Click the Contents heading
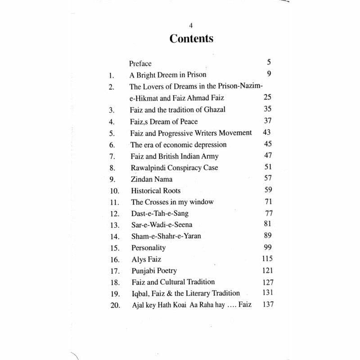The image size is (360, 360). pos(191,39)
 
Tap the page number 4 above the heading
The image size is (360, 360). pos(191,25)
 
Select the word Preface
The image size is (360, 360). pos(140,63)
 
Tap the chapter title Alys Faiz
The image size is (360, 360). pos(147,260)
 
